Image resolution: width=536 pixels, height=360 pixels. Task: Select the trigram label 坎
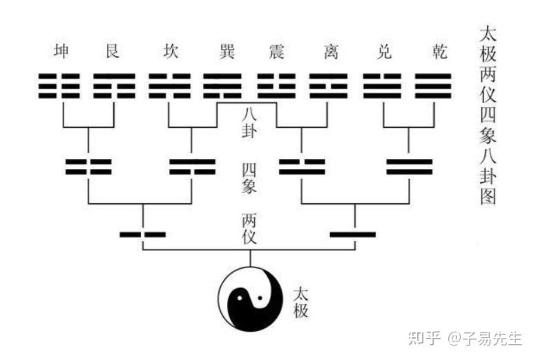click(x=170, y=52)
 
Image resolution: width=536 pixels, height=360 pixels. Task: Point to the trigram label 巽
click(x=222, y=52)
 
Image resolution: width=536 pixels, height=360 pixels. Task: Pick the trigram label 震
click(x=275, y=52)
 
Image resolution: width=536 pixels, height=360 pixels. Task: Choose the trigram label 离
click(x=327, y=52)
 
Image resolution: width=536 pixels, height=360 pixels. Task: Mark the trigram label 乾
click(x=433, y=52)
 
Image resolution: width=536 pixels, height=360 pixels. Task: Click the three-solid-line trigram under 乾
click(x=433, y=86)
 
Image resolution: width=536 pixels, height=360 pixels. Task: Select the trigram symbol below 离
click(x=327, y=86)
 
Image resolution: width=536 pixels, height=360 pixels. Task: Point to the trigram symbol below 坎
click(x=170, y=86)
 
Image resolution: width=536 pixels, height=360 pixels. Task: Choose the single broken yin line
click(x=142, y=234)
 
